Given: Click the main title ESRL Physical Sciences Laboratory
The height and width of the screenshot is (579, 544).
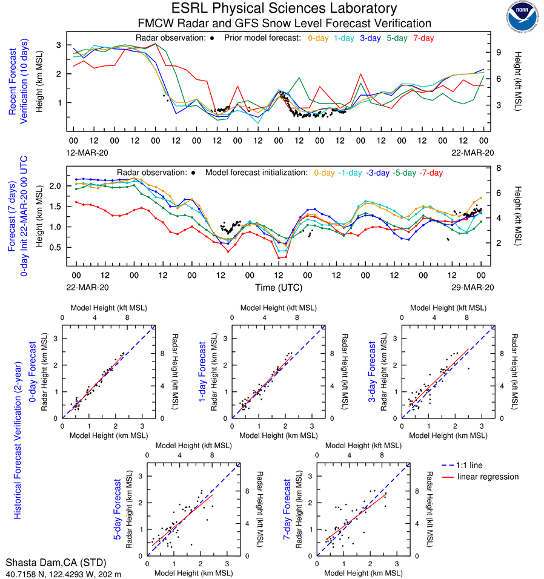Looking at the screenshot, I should [x=284, y=8].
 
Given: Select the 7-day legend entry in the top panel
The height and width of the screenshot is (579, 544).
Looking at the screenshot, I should [x=423, y=38].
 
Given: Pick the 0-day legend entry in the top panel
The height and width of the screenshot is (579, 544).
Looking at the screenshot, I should [x=319, y=38].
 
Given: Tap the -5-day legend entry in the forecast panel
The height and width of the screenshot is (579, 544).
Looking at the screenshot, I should [x=404, y=173].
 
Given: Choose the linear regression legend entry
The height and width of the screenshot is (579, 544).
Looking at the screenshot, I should [x=488, y=477].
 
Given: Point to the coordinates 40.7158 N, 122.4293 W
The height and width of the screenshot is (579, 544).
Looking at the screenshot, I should [x=63, y=573].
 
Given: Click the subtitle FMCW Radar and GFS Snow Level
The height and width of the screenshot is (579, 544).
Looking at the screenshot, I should [x=284, y=23].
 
